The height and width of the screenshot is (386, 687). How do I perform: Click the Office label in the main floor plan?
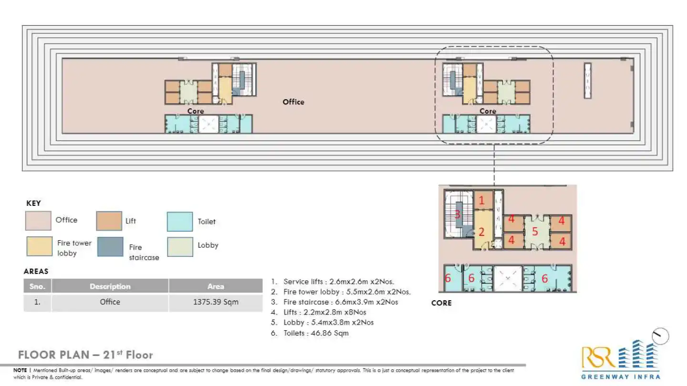pyautogui.click(x=293, y=102)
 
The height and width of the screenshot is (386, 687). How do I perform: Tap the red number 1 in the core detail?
pyautogui.click(x=481, y=201)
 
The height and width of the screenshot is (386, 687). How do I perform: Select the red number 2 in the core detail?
pyautogui.click(x=481, y=232)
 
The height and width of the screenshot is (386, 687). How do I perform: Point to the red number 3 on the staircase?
pyautogui.click(x=457, y=214)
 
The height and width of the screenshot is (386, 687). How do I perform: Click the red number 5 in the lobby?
pyautogui.click(x=535, y=232)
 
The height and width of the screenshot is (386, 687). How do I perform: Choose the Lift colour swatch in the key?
pyautogui.click(x=109, y=221)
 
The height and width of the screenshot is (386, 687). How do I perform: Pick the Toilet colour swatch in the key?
pyautogui.click(x=180, y=222)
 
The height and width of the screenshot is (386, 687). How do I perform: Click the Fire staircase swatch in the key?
pyautogui.click(x=110, y=247)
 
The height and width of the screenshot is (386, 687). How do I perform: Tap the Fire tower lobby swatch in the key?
pyautogui.click(x=39, y=247)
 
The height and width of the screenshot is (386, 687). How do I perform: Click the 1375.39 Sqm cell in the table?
pyautogui.click(x=216, y=302)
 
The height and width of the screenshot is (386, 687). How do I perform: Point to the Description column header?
pyautogui.click(x=110, y=286)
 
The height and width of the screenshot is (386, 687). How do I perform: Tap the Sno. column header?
pyautogui.click(x=37, y=286)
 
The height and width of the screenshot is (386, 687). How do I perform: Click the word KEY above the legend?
pyautogui.click(x=33, y=203)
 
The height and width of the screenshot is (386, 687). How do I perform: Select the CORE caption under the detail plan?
pyautogui.click(x=441, y=303)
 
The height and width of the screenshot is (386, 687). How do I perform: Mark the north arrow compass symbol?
pyautogui.click(x=661, y=336)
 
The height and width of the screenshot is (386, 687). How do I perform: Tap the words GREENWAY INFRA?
pyautogui.click(x=620, y=377)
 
